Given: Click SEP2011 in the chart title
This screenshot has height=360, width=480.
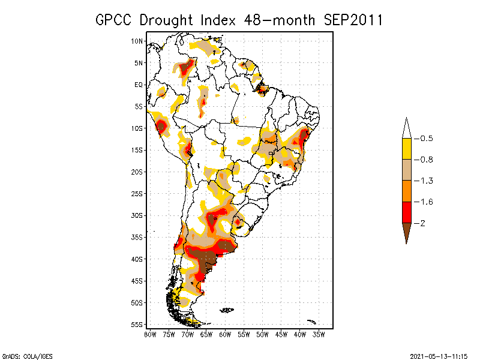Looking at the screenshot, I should point(353,20).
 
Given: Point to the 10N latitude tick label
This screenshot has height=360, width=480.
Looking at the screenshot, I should point(137,41).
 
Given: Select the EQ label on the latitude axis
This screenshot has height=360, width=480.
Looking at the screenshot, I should point(139,85).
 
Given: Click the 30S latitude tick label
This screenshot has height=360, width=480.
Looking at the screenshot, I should point(137,215).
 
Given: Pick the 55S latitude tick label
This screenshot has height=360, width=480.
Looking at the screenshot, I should point(137,325).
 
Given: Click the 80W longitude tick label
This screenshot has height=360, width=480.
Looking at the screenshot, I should point(151,334).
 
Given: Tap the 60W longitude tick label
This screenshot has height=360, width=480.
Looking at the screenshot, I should point(226,334).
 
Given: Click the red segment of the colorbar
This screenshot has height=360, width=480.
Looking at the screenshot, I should point(406,212).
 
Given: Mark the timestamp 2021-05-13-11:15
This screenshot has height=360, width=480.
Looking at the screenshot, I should point(439,355).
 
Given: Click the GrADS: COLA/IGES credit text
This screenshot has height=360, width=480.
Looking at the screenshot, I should point(22,355).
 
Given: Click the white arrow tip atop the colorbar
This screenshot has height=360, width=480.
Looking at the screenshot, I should point(406,128).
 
